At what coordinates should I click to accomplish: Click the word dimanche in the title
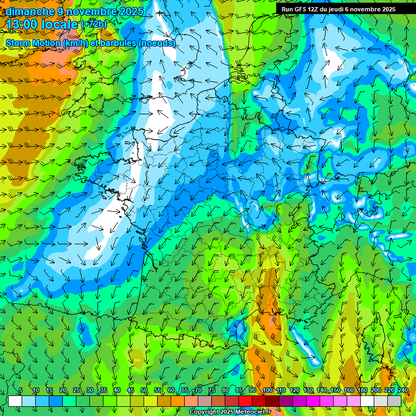click(x=30, y=11)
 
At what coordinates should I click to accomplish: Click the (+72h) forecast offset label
click(x=94, y=24)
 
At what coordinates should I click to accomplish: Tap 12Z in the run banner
click(x=317, y=9)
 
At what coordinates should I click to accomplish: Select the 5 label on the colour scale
click(x=21, y=390)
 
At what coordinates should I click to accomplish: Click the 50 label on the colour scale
click(x=144, y=390)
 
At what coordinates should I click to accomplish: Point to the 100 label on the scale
click(x=267, y=390)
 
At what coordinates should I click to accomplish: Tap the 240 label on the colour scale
click(x=403, y=390)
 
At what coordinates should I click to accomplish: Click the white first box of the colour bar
click(x=15, y=401)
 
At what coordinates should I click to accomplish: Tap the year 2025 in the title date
click(x=130, y=11)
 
